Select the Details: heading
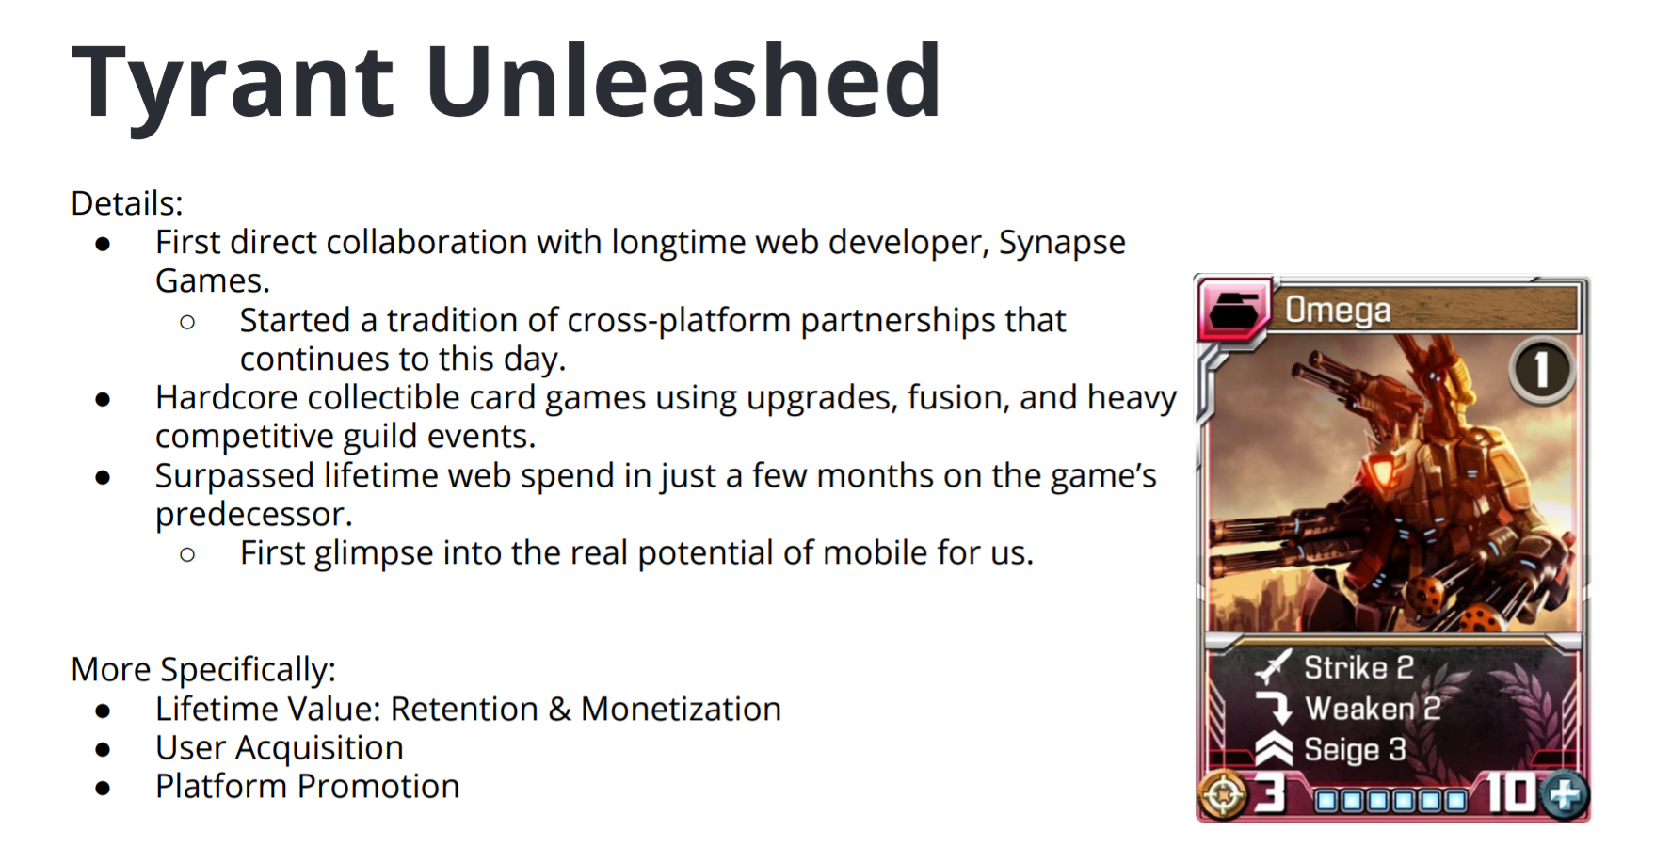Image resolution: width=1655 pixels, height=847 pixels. tap(127, 203)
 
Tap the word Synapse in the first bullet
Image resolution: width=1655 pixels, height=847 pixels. tap(1062, 244)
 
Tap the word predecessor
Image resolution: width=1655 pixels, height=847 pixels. tap(253, 515)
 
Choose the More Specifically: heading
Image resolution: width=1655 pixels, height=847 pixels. tap(203, 670)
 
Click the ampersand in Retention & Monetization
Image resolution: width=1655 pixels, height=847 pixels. tap(559, 710)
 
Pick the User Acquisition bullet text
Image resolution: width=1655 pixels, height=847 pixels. tap(280, 748)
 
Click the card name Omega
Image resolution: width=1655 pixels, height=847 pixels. tap(1338, 310)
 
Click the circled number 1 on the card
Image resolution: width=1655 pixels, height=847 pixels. tap(1542, 370)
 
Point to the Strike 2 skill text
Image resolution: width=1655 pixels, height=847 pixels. tap(1358, 667)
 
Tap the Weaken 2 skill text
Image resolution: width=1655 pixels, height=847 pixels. tap(1373, 709)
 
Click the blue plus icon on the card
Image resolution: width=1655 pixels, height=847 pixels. tap(1565, 795)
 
